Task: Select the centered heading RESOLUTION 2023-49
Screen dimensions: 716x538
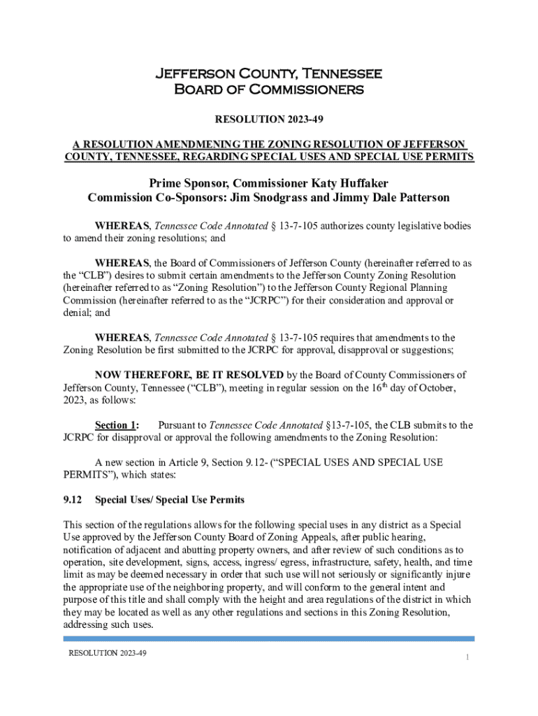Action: [x=269, y=120]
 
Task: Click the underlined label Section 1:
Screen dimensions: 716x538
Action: [x=117, y=425]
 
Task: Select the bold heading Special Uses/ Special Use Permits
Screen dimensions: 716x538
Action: [x=169, y=500]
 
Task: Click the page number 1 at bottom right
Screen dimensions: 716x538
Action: [x=466, y=657]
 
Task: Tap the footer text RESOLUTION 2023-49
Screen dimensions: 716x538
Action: [x=107, y=653]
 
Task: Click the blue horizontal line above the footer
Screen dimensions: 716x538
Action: [x=269, y=638]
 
